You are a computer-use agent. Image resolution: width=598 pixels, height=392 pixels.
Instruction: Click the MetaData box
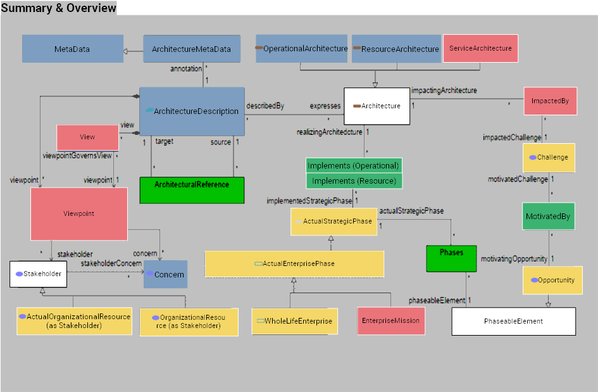[73, 49]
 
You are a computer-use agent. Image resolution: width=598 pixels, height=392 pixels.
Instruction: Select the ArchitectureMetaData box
[192, 49]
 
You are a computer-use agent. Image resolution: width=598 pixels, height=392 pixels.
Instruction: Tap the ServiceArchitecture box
[480, 48]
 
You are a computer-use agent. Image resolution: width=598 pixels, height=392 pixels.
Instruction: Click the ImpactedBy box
[550, 101]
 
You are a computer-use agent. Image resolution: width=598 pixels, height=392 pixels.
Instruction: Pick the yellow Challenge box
[548, 158]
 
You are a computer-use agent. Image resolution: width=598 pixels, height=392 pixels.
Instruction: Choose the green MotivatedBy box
[547, 217]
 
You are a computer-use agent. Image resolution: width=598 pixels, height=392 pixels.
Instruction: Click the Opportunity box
[552, 280]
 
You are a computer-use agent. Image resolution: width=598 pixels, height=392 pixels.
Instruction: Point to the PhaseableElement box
[513, 321]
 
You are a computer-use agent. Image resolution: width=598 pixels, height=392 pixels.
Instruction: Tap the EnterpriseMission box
[390, 321]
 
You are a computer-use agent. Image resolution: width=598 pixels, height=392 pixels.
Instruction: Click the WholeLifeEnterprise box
[294, 321]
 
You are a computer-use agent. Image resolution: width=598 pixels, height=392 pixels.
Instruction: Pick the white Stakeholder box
[39, 274]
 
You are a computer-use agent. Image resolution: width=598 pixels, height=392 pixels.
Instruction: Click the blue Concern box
[165, 274]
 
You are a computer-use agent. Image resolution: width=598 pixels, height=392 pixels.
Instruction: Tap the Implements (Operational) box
[353, 166]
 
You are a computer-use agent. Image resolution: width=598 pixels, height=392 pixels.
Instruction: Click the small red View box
[87, 137]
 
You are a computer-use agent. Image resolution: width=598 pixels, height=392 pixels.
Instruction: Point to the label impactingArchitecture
[444, 91]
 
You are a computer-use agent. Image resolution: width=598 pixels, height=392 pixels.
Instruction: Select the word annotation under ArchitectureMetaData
[186, 68]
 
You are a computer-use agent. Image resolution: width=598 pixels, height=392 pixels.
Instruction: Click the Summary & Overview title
[58, 8]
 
